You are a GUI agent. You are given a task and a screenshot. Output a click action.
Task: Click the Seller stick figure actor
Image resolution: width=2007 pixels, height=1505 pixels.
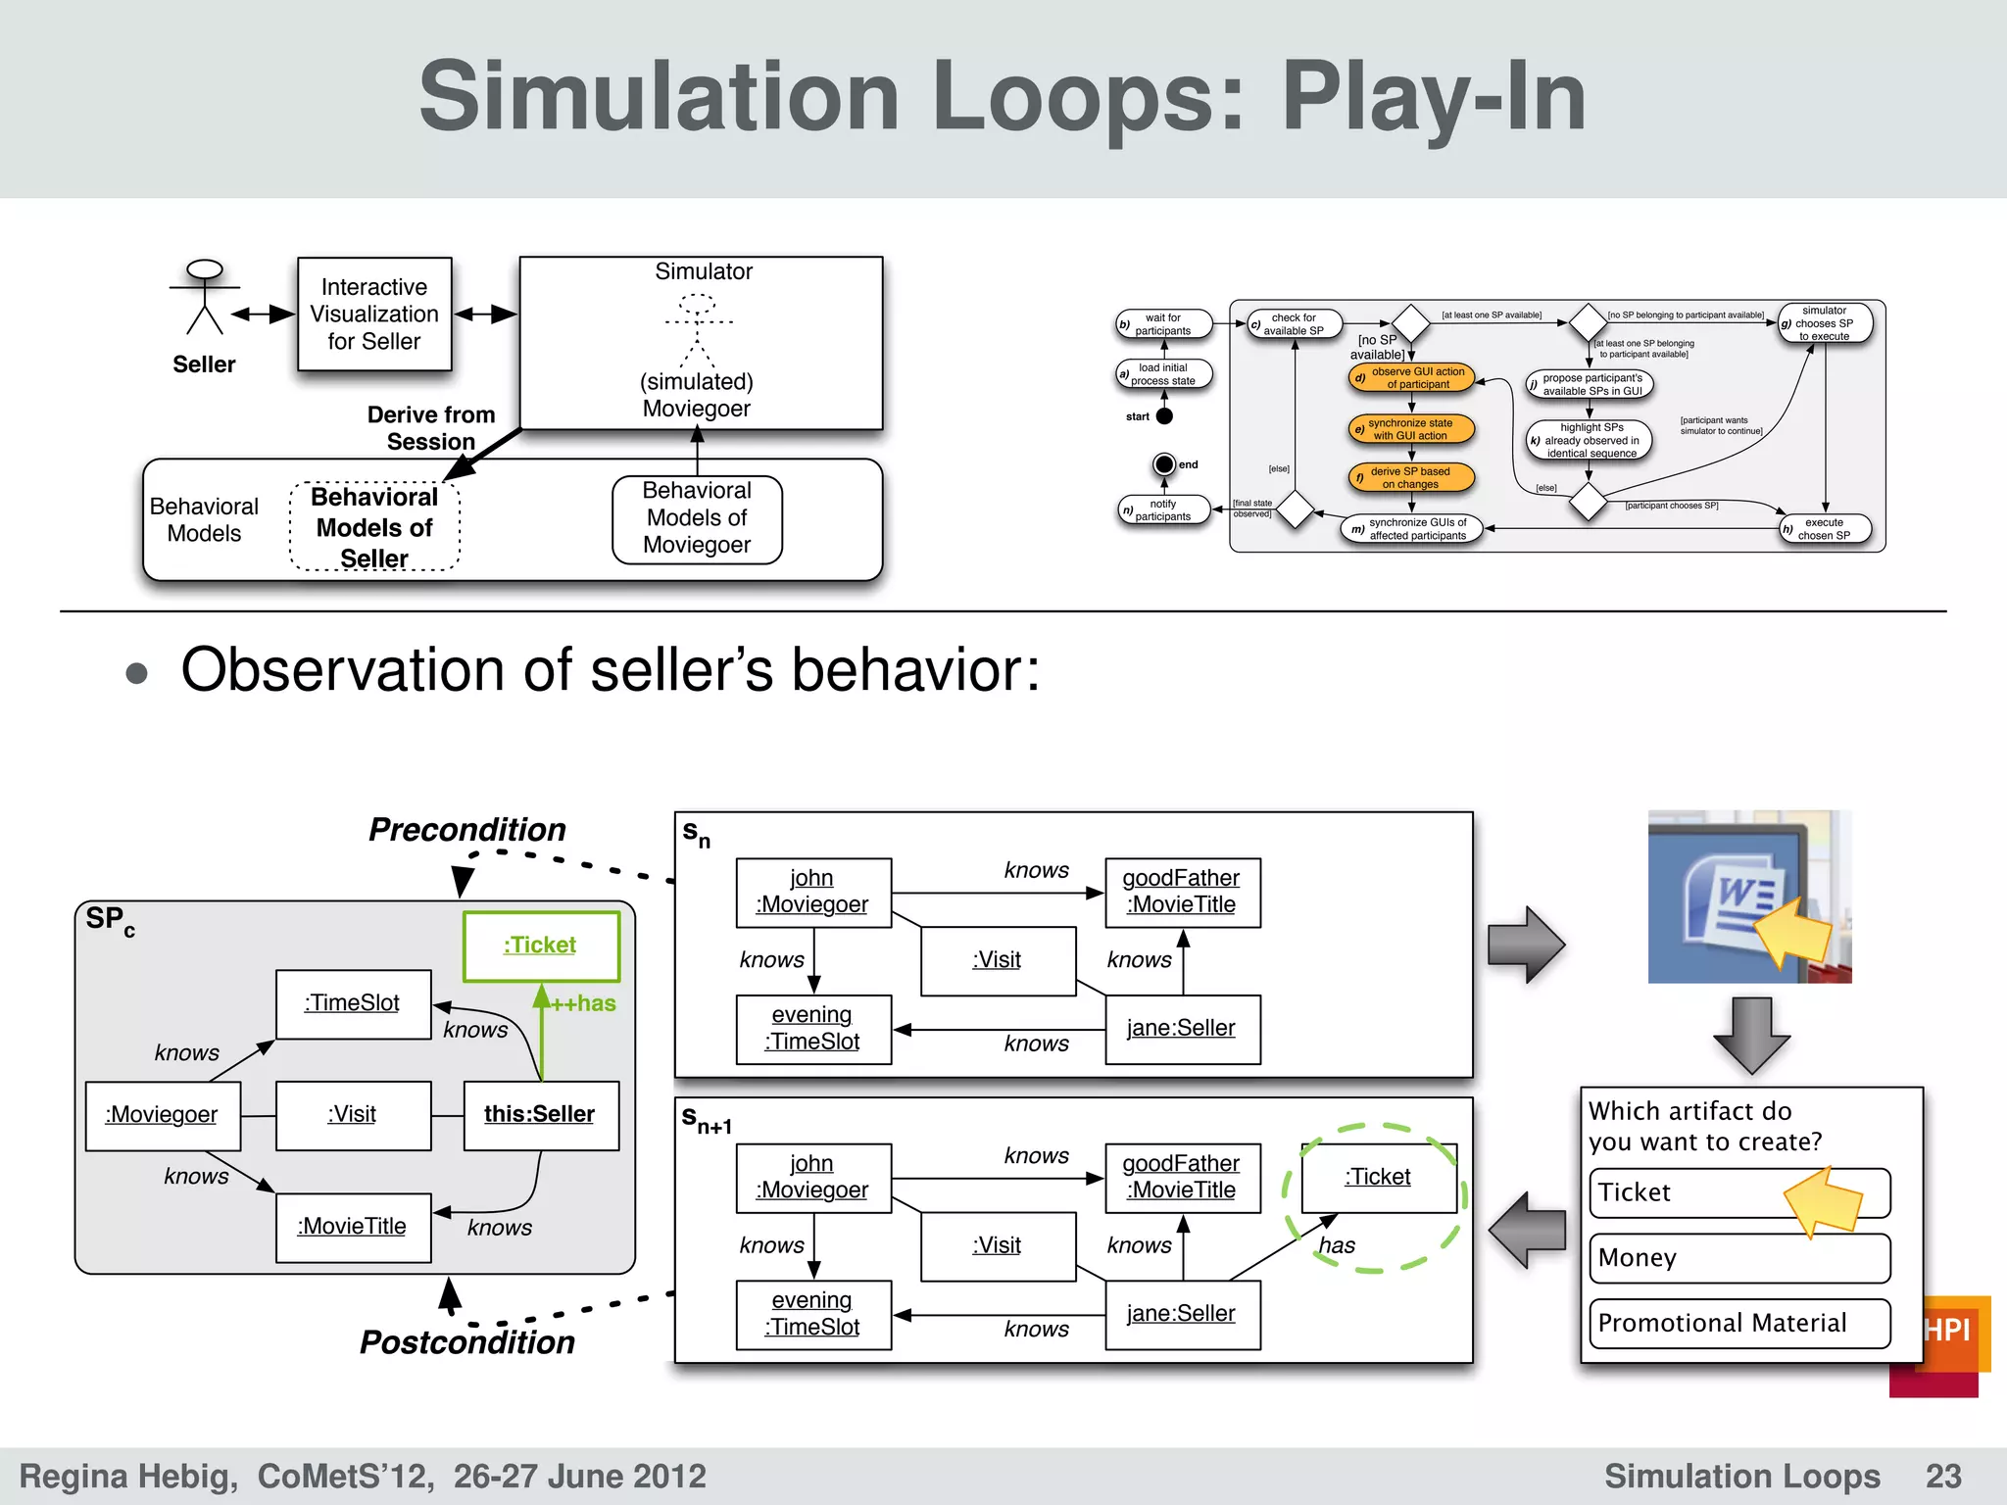tap(204, 298)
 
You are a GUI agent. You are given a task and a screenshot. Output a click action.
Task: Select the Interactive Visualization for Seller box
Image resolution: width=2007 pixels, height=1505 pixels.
tap(374, 315)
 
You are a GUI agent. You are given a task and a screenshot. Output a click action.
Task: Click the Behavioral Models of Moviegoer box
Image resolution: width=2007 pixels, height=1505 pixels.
tap(697, 518)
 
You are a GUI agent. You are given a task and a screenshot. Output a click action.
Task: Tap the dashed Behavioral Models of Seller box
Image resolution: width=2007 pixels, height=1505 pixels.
tap(374, 527)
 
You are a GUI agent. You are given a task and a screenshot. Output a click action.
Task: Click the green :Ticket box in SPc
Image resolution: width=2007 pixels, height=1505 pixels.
tap(541, 946)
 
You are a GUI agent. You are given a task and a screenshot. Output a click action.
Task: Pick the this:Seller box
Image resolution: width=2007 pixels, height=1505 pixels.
tap(540, 1115)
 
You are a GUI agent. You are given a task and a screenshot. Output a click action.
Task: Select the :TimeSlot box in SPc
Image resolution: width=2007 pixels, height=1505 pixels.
tap(353, 1003)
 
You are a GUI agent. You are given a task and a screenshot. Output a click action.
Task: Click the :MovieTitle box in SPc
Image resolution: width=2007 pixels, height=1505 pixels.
tap(353, 1227)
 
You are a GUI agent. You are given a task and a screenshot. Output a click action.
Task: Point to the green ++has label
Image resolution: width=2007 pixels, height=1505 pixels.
tap(584, 1003)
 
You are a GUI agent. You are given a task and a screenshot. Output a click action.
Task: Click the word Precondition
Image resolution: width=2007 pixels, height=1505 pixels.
tap(467, 830)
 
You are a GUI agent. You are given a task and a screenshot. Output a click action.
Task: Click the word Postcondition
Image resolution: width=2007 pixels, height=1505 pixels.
tap(467, 1342)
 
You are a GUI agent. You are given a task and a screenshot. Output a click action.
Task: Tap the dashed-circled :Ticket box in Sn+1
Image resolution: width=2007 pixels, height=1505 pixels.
tap(1378, 1178)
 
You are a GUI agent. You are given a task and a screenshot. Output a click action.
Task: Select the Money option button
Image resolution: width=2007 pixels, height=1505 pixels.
tap(1738, 1258)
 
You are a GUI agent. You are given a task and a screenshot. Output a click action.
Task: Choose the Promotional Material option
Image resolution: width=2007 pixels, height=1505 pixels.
tap(1738, 1324)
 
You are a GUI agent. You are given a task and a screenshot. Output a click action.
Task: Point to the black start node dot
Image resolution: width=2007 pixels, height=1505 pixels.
tap(1164, 416)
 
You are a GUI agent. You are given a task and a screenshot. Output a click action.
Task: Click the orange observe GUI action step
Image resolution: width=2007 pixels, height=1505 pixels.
tap(1412, 378)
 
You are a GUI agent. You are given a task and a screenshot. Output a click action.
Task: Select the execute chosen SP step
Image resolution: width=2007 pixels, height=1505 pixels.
tap(1825, 529)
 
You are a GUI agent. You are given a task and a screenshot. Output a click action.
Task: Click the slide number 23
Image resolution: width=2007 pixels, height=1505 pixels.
tap(1943, 1476)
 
